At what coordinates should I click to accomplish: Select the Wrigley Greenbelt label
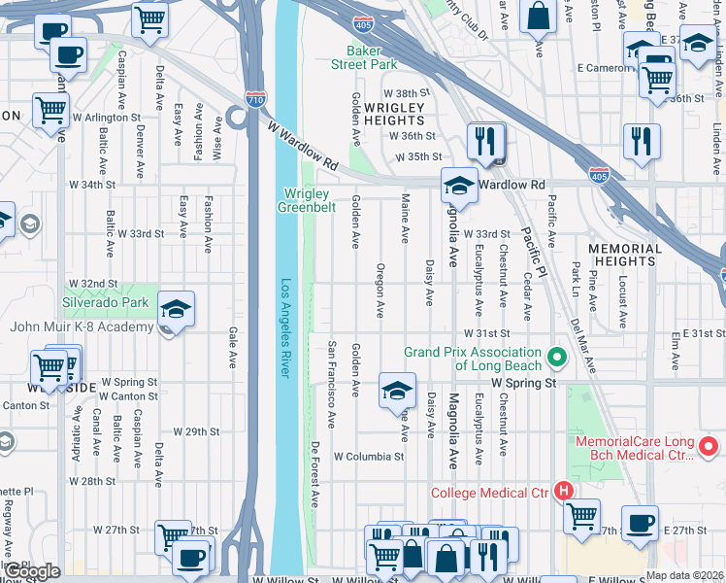pyautogui.click(x=307, y=199)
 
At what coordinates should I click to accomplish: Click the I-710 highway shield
pyautogui.click(x=255, y=99)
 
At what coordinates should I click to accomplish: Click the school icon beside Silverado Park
pyautogui.click(x=175, y=310)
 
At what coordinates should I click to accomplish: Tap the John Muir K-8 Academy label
pyautogui.click(x=82, y=326)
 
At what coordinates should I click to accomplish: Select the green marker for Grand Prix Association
pyautogui.click(x=557, y=358)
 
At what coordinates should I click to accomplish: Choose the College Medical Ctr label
pyautogui.click(x=489, y=493)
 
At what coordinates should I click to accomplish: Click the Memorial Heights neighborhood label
pyautogui.click(x=624, y=255)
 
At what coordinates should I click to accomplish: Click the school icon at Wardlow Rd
pyautogui.click(x=460, y=187)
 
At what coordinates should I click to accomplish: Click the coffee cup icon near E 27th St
pyautogui.click(x=639, y=524)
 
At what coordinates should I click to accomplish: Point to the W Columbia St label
pyautogui.click(x=369, y=456)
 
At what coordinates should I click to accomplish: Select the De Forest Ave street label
pyautogui.click(x=315, y=475)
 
